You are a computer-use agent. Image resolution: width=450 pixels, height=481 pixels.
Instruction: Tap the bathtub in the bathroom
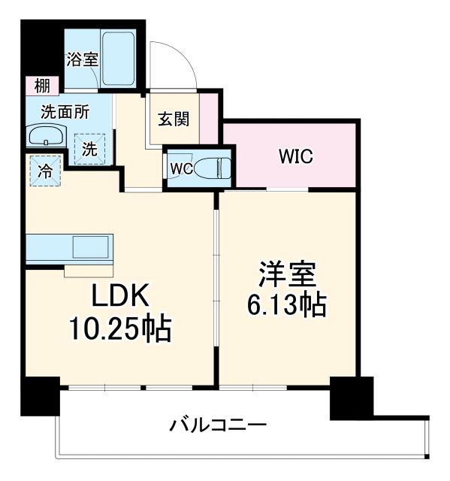119,59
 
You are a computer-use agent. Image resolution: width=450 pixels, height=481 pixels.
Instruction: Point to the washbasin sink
47,138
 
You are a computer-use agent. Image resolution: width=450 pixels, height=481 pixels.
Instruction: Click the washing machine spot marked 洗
89,148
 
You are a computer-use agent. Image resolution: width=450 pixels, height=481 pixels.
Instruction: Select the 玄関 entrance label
173,119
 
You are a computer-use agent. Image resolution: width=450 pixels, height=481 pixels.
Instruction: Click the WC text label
181,167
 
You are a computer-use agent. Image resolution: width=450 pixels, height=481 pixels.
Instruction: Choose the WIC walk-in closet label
295,157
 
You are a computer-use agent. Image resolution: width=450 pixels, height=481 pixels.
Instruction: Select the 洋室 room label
287,275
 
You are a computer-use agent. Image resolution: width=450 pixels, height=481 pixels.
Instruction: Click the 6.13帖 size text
287,305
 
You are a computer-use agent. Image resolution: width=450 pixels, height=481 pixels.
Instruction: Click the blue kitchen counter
68,249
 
